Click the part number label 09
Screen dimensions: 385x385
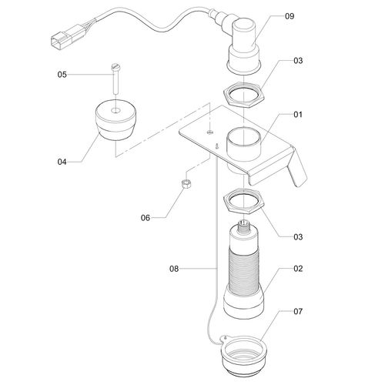(x=290, y=15)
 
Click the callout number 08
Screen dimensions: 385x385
(x=174, y=269)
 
